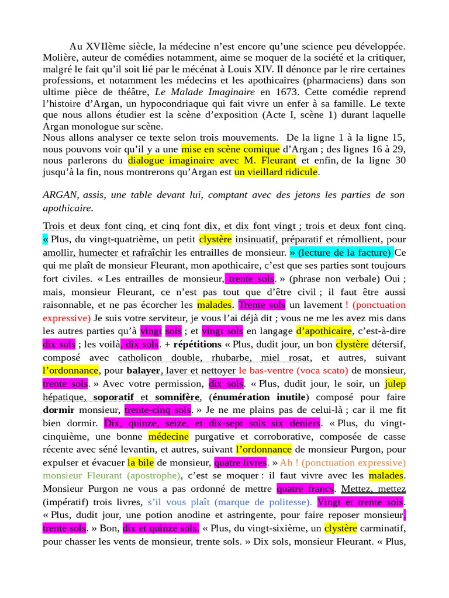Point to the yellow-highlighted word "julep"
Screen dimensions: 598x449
(x=395, y=384)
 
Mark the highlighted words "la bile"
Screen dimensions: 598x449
(x=140, y=463)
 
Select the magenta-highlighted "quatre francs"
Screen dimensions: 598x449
(x=306, y=489)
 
